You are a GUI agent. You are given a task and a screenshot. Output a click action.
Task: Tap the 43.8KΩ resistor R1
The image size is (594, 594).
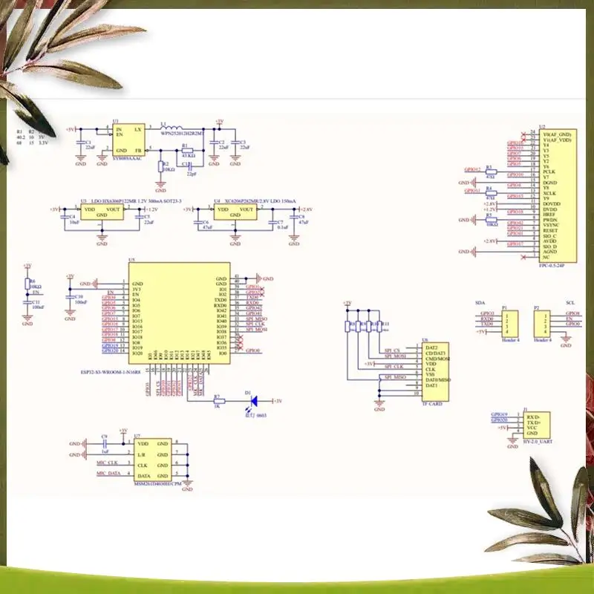(x=188, y=150)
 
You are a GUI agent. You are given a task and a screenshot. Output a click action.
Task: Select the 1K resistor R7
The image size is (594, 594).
(x=218, y=401)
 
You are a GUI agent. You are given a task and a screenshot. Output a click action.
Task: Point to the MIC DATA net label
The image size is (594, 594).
(x=108, y=473)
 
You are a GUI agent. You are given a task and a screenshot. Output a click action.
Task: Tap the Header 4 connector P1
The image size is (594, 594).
(x=512, y=322)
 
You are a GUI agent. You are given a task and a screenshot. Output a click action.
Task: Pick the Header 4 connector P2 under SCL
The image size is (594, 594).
(x=542, y=322)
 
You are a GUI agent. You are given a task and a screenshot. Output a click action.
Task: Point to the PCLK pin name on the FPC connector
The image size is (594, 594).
(x=550, y=170)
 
